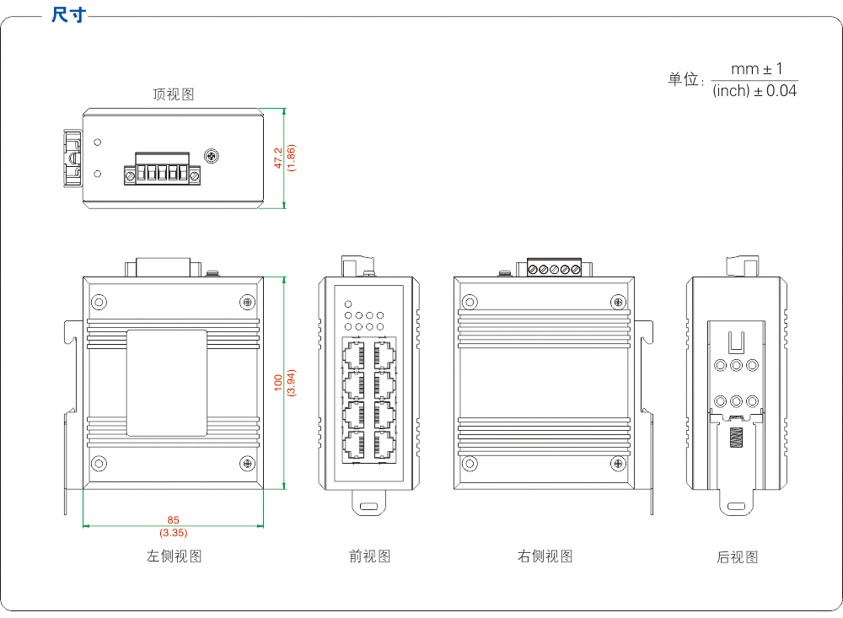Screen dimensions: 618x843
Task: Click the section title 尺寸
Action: coord(69,15)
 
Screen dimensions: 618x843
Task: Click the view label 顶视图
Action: coord(173,94)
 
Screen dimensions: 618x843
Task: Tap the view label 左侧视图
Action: coord(175,556)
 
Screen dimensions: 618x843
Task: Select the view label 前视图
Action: coord(369,556)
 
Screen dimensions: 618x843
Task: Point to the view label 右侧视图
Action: coord(545,556)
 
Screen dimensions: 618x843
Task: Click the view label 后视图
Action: coord(737,557)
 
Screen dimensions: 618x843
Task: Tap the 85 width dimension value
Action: coord(173,520)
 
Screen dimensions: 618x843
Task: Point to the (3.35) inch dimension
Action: coord(173,533)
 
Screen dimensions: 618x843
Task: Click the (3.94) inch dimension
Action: coord(291,383)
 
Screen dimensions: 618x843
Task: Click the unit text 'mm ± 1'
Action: coord(756,68)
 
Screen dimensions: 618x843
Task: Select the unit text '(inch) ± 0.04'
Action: coord(754,91)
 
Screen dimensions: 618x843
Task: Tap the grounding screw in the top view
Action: coord(212,156)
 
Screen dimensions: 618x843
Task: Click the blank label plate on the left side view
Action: coord(166,383)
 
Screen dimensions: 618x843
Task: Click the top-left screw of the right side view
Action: coord(469,301)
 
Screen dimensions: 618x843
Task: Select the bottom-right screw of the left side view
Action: coord(248,462)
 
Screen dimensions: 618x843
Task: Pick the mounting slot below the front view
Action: coord(368,507)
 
